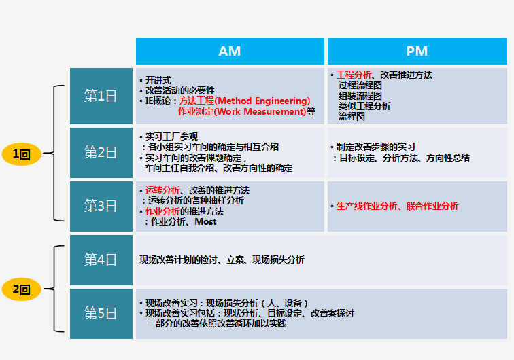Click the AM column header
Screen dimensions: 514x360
(230, 51)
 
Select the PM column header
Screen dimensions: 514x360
(417, 51)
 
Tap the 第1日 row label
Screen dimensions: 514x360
(101, 96)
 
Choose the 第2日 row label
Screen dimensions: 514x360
(101, 153)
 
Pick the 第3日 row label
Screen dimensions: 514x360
(101, 206)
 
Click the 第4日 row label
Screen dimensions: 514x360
(101, 259)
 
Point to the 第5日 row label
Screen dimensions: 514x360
(101, 314)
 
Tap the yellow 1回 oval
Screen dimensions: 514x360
(22, 154)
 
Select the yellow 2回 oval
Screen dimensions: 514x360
(22, 289)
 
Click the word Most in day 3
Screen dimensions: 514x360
(205, 221)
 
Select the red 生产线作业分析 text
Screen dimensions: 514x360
(367, 206)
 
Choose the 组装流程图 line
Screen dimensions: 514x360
(360, 96)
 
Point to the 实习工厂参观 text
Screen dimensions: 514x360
(171, 137)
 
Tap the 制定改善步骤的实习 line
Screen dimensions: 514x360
(376, 147)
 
